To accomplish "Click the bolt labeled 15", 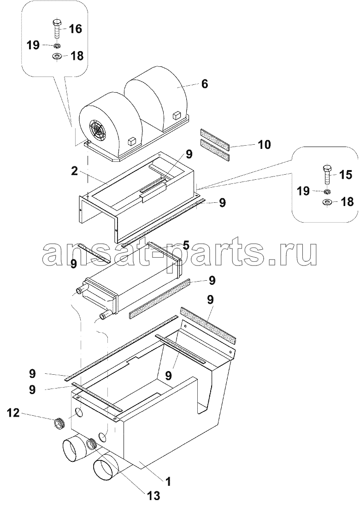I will tap(326, 174).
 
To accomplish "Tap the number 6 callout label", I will tap(205, 84).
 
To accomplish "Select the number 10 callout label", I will tap(264, 145).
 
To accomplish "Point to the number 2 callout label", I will tap(74, 171).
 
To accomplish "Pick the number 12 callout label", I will tap(13, 413).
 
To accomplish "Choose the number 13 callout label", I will tap(153, 496).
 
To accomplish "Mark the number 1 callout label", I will tap(168, 481).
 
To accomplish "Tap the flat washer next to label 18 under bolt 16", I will tap(57, 56).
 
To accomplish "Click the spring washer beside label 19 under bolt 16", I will tap(57, 46).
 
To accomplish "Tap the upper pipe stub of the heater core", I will tap(82, 291).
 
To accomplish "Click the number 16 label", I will tap(75, 29).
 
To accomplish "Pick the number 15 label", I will tap(345, 175).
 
